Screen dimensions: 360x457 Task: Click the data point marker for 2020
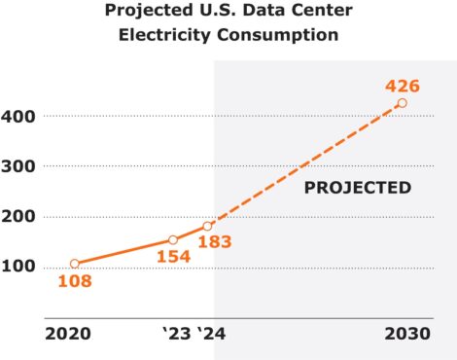(74, 264)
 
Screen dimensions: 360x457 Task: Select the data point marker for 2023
(172, 239)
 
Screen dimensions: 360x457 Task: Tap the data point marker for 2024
(207, 226)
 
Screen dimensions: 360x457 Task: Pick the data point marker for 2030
(402, 103)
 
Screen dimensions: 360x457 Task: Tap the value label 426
(404, 84)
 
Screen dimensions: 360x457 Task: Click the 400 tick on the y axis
(20, 116)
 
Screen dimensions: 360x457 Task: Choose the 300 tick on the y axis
(20, 166)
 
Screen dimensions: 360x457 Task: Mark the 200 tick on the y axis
(20, 216)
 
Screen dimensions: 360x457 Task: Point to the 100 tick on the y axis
(20, 266)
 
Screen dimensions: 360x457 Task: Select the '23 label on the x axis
(176, 335)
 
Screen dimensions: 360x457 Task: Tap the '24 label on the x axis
(212, 335)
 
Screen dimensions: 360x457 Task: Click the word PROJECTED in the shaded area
(357, 188)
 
